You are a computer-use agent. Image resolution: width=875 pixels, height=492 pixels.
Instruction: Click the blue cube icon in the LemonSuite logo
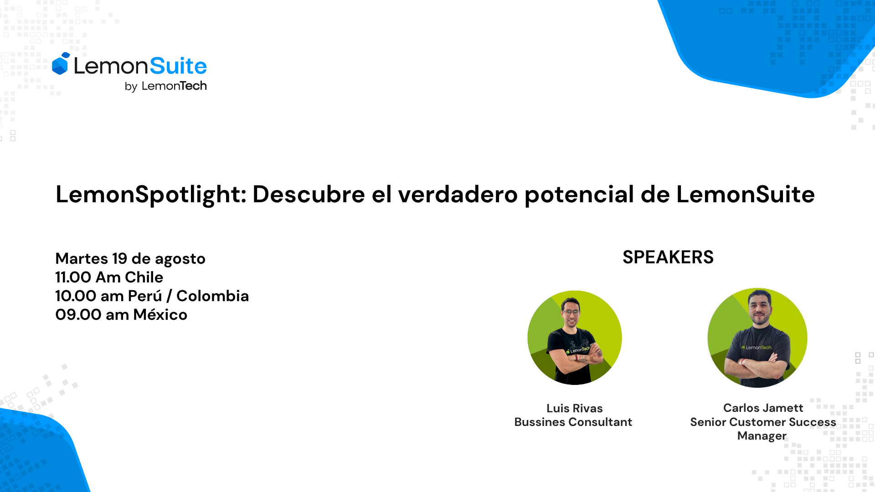coord(60,64)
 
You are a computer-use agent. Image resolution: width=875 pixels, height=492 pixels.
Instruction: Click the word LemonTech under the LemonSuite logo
coord(174,86)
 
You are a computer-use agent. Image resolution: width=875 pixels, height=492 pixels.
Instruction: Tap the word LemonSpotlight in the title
coord(150,195)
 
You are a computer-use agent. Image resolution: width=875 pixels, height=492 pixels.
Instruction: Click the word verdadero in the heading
coord(458,195)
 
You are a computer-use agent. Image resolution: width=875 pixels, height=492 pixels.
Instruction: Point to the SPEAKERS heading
coord(668,257)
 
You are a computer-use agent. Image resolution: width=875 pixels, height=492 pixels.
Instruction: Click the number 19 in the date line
coord(119,259)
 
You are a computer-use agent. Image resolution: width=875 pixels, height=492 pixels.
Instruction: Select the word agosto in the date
coord(180,259)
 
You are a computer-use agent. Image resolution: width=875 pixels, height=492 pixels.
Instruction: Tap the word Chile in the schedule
coord(144,277)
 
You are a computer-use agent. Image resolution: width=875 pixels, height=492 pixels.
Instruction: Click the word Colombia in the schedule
coord(212,296)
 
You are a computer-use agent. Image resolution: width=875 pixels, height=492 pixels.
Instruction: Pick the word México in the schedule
coord(160,315)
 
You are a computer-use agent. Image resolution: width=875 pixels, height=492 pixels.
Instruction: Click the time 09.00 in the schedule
coord(78,315)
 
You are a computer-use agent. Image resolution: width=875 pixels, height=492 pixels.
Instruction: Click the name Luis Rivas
coord(574,408)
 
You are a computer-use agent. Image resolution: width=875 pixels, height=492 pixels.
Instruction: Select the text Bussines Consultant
coord(573,422)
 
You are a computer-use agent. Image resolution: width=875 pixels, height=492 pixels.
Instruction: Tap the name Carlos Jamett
coord(763,408)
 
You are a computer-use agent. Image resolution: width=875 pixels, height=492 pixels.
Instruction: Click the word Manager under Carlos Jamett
coord(762,436)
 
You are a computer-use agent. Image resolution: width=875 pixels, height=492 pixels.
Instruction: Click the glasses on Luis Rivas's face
coord(571,313)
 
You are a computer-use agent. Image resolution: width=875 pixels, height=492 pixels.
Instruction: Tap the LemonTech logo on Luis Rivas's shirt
coord(579,350)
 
